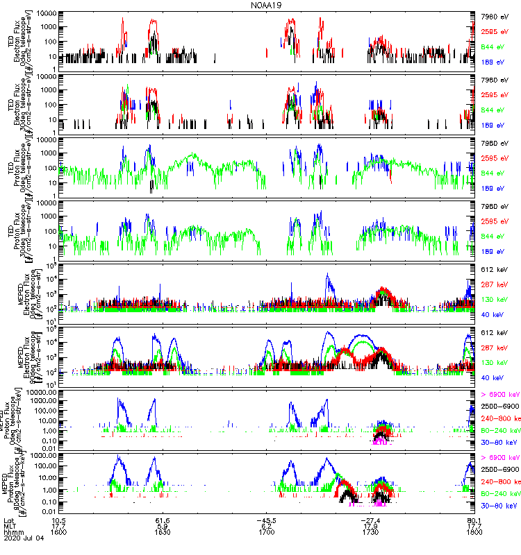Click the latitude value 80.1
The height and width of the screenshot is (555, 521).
click(x=474, y=520)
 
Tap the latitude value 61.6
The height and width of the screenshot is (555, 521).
click(x=163, y=520)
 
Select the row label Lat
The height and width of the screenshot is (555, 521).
click(x=9, y=520)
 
